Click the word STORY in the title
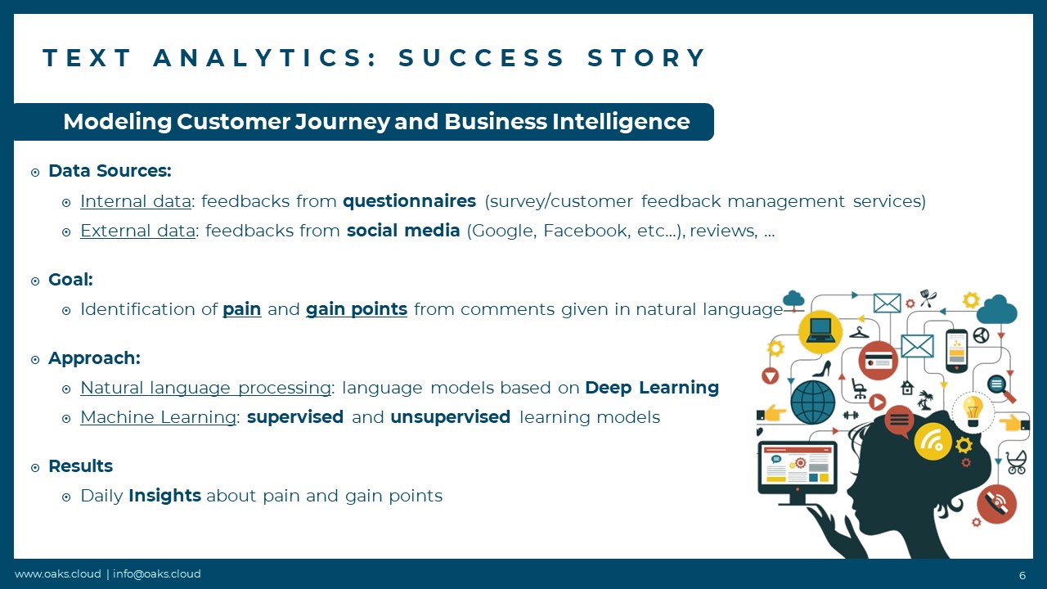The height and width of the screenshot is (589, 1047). [646, 58]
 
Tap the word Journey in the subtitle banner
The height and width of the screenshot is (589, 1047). [342, 123]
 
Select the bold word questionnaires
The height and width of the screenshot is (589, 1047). [410, 201]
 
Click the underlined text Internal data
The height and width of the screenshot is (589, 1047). [136, 201]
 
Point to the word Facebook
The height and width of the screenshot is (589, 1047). [586, 231]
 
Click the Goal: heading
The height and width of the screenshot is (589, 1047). [70, 280]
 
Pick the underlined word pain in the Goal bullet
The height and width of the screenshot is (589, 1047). [241, 309]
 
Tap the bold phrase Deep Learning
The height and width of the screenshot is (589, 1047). [652, 388]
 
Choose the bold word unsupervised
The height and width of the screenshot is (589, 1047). [450, 417]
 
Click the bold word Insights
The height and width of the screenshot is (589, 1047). [164, 496]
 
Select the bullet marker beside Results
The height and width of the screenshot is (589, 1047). [35, 467]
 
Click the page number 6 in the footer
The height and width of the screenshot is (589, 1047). [1022, 575]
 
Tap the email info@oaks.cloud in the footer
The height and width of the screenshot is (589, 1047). [156, 573]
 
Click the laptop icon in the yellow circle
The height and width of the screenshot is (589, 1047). [820, 332]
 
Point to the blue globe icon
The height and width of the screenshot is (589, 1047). [813, 402]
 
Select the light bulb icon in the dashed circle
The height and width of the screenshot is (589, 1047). [973, 411]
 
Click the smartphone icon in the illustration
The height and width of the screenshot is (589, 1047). [956, 351]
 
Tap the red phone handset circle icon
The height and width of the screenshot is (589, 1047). [996, 504]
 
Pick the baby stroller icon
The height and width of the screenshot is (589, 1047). [1016, 462]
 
